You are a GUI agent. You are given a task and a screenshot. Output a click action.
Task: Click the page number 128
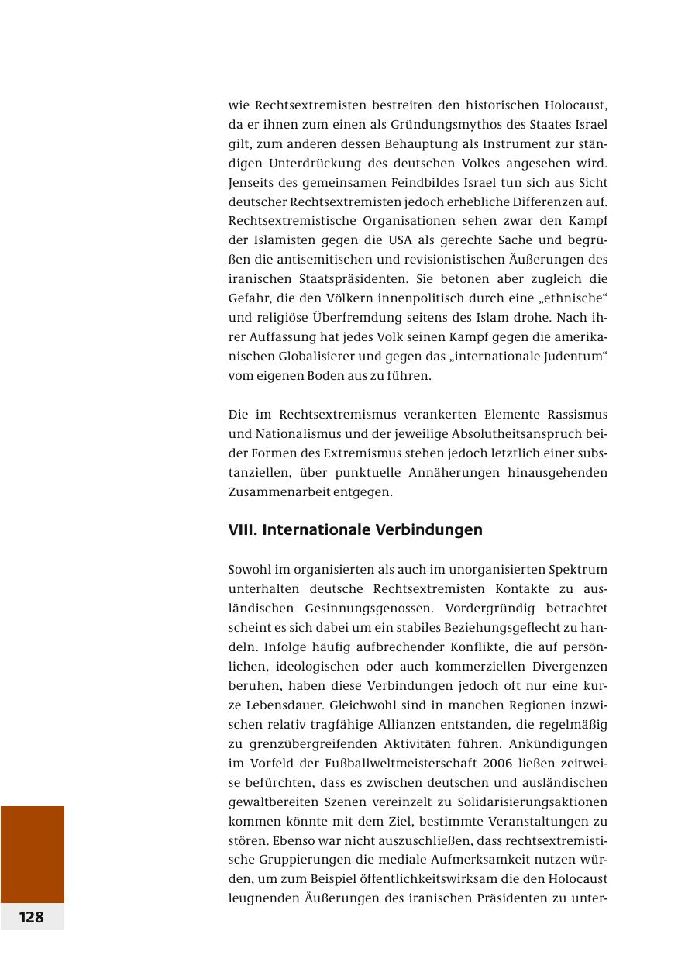click(x=32, y=917)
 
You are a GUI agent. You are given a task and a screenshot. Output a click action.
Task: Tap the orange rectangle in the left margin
click(x=32, y=853)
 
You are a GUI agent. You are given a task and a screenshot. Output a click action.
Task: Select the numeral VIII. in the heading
click(x=243, y=530)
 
